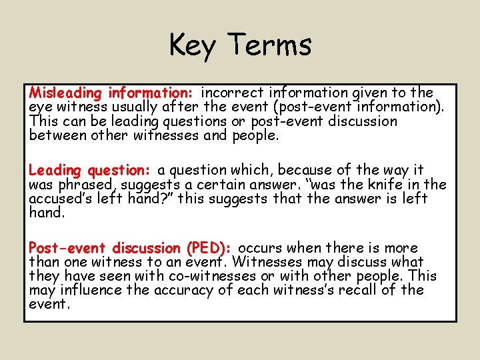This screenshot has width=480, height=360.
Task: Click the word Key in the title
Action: pos(194,45)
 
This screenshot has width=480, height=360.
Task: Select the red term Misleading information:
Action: pos(111,93)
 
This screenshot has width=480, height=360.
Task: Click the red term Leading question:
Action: pos(90,170)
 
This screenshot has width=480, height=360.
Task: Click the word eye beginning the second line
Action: pos(40,107)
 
